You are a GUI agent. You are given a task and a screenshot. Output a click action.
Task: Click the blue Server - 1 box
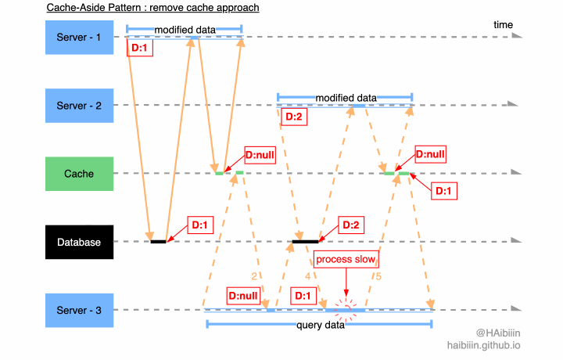tap(80, 37)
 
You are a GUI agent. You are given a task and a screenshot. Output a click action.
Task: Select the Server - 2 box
tap(80, 105)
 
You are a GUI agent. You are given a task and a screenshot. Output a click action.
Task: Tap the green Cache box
tap(80, 174)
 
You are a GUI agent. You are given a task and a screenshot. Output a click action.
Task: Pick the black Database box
tap(80, 242)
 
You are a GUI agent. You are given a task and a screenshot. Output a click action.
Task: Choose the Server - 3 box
tap(80, 311)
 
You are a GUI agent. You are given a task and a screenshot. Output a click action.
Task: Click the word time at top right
tap(503, 25)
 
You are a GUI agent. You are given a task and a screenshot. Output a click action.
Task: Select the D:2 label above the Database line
tap(352, 225)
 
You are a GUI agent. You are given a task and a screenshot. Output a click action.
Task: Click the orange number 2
tap(254, 276)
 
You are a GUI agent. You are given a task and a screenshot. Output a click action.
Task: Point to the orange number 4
tap(307, 276)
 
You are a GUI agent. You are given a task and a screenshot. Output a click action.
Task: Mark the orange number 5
tap(379, 276)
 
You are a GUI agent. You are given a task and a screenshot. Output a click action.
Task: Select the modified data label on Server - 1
tap(185, 30)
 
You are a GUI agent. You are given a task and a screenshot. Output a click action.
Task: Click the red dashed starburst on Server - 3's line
tap(346, 307)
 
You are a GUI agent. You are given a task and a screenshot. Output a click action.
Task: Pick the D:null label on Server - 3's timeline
tap(244, 297)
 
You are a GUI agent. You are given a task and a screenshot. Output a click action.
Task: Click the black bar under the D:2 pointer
tap(305, 242)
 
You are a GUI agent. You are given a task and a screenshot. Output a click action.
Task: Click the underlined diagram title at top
tap(152, 8)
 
